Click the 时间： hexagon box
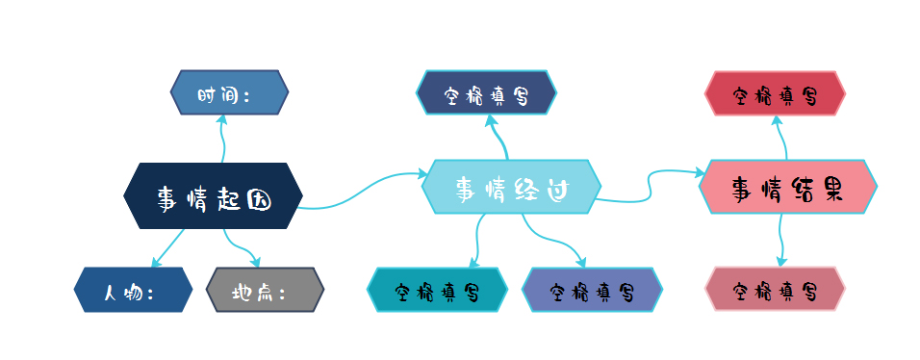click(229, 92)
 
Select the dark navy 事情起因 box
click(214, 197)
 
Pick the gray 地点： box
click(266, 290)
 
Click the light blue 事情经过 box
click(511, 187)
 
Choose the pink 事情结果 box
click(788, 187)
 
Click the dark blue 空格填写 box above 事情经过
click(486, 93)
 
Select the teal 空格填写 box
click(437, 290)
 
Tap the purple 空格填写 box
click(592, 290)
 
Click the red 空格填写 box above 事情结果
click(775, 93)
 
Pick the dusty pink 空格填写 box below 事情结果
click(775, 289)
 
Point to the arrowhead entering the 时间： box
click(221, 119)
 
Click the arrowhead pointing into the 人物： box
click(154, 264)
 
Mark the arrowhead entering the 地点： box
click(255, 263)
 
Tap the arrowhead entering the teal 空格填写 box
click(473, 262)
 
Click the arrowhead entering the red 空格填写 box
click(778, 119)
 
